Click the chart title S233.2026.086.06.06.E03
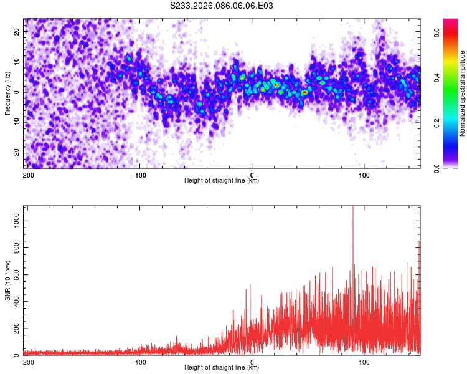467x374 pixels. (x=222, y=6)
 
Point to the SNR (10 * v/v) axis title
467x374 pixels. (x=7, y=281)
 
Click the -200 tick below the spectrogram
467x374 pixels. (x=27, y=175)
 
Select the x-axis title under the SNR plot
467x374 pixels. (x=221, y=368)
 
